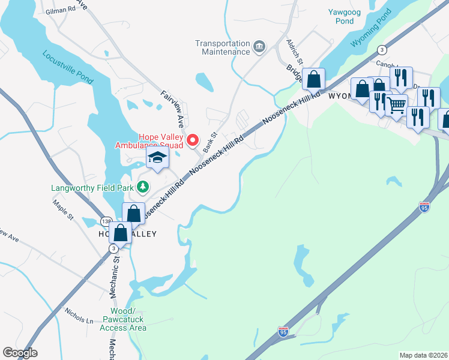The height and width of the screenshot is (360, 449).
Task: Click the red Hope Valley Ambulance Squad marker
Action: click(x=193, y=141)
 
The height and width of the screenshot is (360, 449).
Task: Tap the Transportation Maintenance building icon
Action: click(x=259, y=47)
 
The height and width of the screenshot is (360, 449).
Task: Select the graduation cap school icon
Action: click(x=157, y=158)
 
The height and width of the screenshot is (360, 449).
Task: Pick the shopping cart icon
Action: click(x=396, y=105)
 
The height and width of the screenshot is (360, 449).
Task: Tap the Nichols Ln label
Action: click(x=79, y=315)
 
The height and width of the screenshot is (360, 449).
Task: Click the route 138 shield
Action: click(x=106, y=221)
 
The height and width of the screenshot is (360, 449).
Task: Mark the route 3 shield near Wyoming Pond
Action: click(x=381, y=50)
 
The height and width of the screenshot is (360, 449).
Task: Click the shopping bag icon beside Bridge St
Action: click(x=313, y=79)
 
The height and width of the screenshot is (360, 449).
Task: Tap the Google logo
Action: click(x=20, y=353)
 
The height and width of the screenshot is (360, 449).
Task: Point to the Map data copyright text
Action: click(x=423, y=355)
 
